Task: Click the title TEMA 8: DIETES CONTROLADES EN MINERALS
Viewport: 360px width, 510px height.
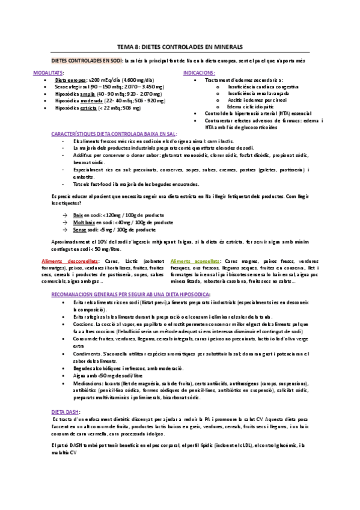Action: pos(180,46)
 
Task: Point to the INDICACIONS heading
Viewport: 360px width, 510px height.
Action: pos(199,72)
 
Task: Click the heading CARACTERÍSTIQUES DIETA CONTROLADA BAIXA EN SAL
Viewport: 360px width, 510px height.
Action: pos(112,134)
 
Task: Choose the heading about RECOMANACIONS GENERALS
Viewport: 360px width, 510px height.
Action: pos(131,295)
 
